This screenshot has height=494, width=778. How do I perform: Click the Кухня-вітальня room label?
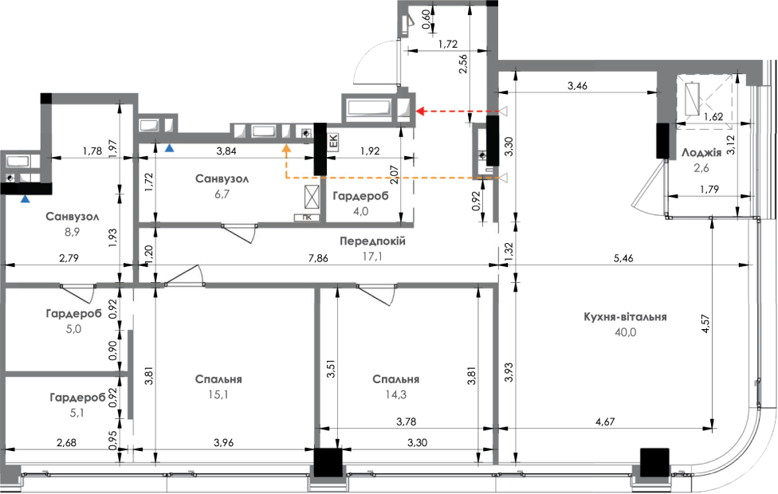tap(625, 317)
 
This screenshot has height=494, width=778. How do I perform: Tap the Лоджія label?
tap(701, 153)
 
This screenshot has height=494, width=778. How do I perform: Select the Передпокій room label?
tap(372, 241)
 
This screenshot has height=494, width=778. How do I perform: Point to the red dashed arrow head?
tap(420, 111)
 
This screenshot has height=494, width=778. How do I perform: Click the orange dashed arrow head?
tap(286, 147)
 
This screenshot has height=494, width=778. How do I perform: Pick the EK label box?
tap(333, 141)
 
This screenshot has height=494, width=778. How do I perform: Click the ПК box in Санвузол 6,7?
tap(307, 218)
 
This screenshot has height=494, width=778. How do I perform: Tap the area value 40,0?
tap(625, 332)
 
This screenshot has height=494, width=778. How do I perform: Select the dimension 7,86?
tap(318, 258)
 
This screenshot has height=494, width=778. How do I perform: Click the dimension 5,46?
tap(623, 258)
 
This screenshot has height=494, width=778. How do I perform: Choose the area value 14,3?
tap(396, 395)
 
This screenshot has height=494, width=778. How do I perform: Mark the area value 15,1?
tap(218, 395)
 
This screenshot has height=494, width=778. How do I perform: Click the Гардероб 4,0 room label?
tap(361, 196)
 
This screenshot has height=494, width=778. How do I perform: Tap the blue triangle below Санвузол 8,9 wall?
tap(25, 199)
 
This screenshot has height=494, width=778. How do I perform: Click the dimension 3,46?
tap(578, 86)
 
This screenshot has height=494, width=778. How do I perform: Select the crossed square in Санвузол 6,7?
tap(312, 198)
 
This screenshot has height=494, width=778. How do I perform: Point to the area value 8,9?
tap(73, 232)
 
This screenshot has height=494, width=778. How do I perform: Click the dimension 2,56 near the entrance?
tap(463, 64)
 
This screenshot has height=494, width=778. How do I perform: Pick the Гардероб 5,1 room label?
tap(77, 398)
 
